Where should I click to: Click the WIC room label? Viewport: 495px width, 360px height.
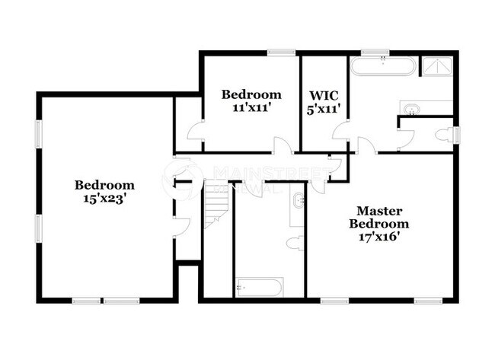point(324,96)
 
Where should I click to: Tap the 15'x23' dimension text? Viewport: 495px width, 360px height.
point(104,199)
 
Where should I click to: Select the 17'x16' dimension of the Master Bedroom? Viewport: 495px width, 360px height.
point(378,237)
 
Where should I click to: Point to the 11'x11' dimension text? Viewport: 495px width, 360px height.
point(251,108)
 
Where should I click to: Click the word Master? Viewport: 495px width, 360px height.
point(379,210)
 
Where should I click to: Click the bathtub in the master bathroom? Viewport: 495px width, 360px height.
point(383,66)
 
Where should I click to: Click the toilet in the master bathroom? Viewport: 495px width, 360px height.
point(442,135)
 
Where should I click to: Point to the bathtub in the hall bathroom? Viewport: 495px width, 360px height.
point(260,288)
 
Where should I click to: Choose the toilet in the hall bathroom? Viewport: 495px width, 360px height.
point(294,244)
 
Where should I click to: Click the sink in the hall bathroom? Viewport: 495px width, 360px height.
point(298,202)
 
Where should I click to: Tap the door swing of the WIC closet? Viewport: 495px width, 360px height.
point(340,137)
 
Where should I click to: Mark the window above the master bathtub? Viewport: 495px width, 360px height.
point(372,52)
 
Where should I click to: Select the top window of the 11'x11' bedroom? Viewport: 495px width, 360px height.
point(281,52)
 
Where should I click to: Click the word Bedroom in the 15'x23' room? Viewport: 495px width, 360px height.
point(104,185)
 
